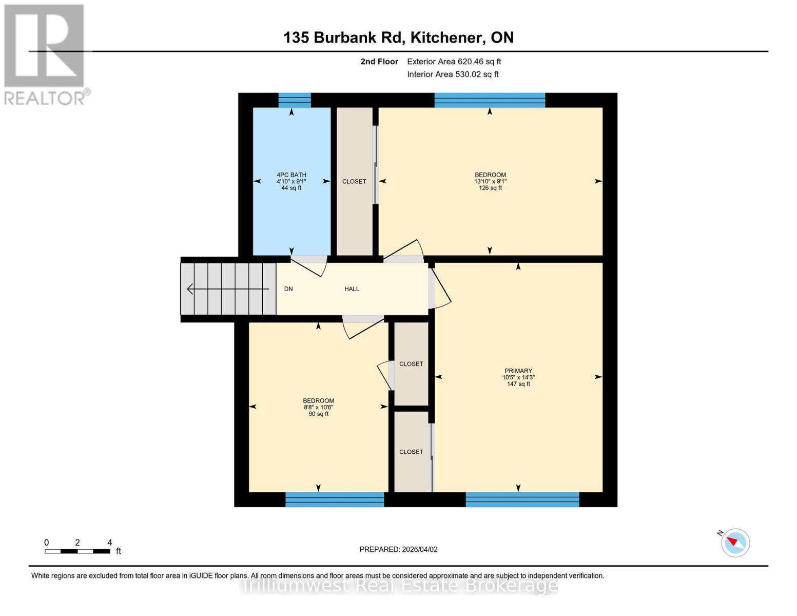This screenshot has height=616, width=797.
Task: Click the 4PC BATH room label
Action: point(291,175)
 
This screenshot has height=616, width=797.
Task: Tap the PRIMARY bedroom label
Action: point(518,371)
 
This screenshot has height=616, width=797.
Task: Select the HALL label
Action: point(352,289)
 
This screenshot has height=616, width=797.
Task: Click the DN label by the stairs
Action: point(288,289)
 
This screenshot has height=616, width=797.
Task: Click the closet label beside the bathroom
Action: point(354,181)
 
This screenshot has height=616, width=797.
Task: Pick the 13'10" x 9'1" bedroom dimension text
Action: point(490,181)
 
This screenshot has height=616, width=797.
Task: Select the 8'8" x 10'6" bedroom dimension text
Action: point(318,408)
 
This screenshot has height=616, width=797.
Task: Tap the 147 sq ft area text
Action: point(518,384)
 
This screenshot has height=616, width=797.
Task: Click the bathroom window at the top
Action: point(295,100)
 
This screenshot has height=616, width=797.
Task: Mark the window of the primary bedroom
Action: point(522,499)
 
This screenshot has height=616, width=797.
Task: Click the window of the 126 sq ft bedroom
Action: point(490,100)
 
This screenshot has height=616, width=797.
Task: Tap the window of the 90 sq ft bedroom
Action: point(334,499)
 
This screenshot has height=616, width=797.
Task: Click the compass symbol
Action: point(735,542)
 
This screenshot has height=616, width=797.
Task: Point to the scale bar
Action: point(77,551)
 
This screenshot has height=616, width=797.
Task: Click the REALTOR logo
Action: point(45,54)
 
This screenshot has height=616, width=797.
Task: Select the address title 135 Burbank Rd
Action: point(398,37)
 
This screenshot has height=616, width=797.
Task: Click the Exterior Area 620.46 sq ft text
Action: point(454,62)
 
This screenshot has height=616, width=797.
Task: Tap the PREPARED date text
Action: point(398,549)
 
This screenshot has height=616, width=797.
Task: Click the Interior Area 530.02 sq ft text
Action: point(453,74)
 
